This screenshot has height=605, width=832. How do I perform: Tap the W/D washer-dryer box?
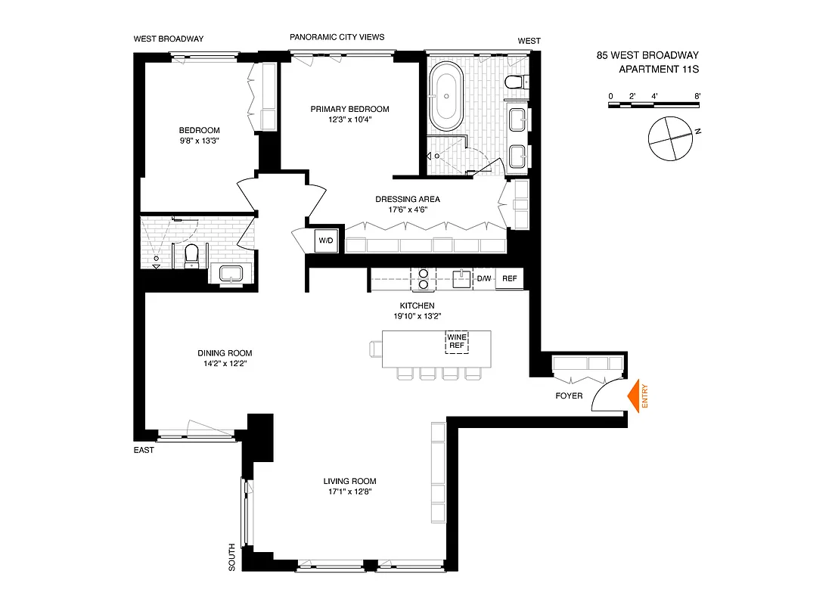(x=326, y=240)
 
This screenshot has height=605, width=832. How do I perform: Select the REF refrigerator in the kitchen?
(x=510, y=279)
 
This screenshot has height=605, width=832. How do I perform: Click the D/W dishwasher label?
(x=483, y=279)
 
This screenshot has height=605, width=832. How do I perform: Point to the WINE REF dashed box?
(x=456, y=342)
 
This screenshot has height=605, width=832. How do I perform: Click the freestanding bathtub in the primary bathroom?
(x=447, y=97)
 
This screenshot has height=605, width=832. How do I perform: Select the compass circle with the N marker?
(x=669, y=139)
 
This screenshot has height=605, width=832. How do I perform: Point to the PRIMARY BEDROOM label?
(x=349, y=109)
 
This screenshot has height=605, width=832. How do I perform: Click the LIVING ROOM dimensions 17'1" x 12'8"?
(x=349, y=492)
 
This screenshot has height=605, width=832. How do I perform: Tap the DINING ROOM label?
(x=225, y=353)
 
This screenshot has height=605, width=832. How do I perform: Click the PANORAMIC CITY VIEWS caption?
(x=337, y=37)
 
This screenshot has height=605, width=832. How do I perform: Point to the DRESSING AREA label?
(x=408, y=200)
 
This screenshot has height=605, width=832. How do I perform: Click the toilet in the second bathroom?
(x=191, y=255)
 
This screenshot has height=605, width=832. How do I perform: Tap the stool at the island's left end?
(x=376, y=348)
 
